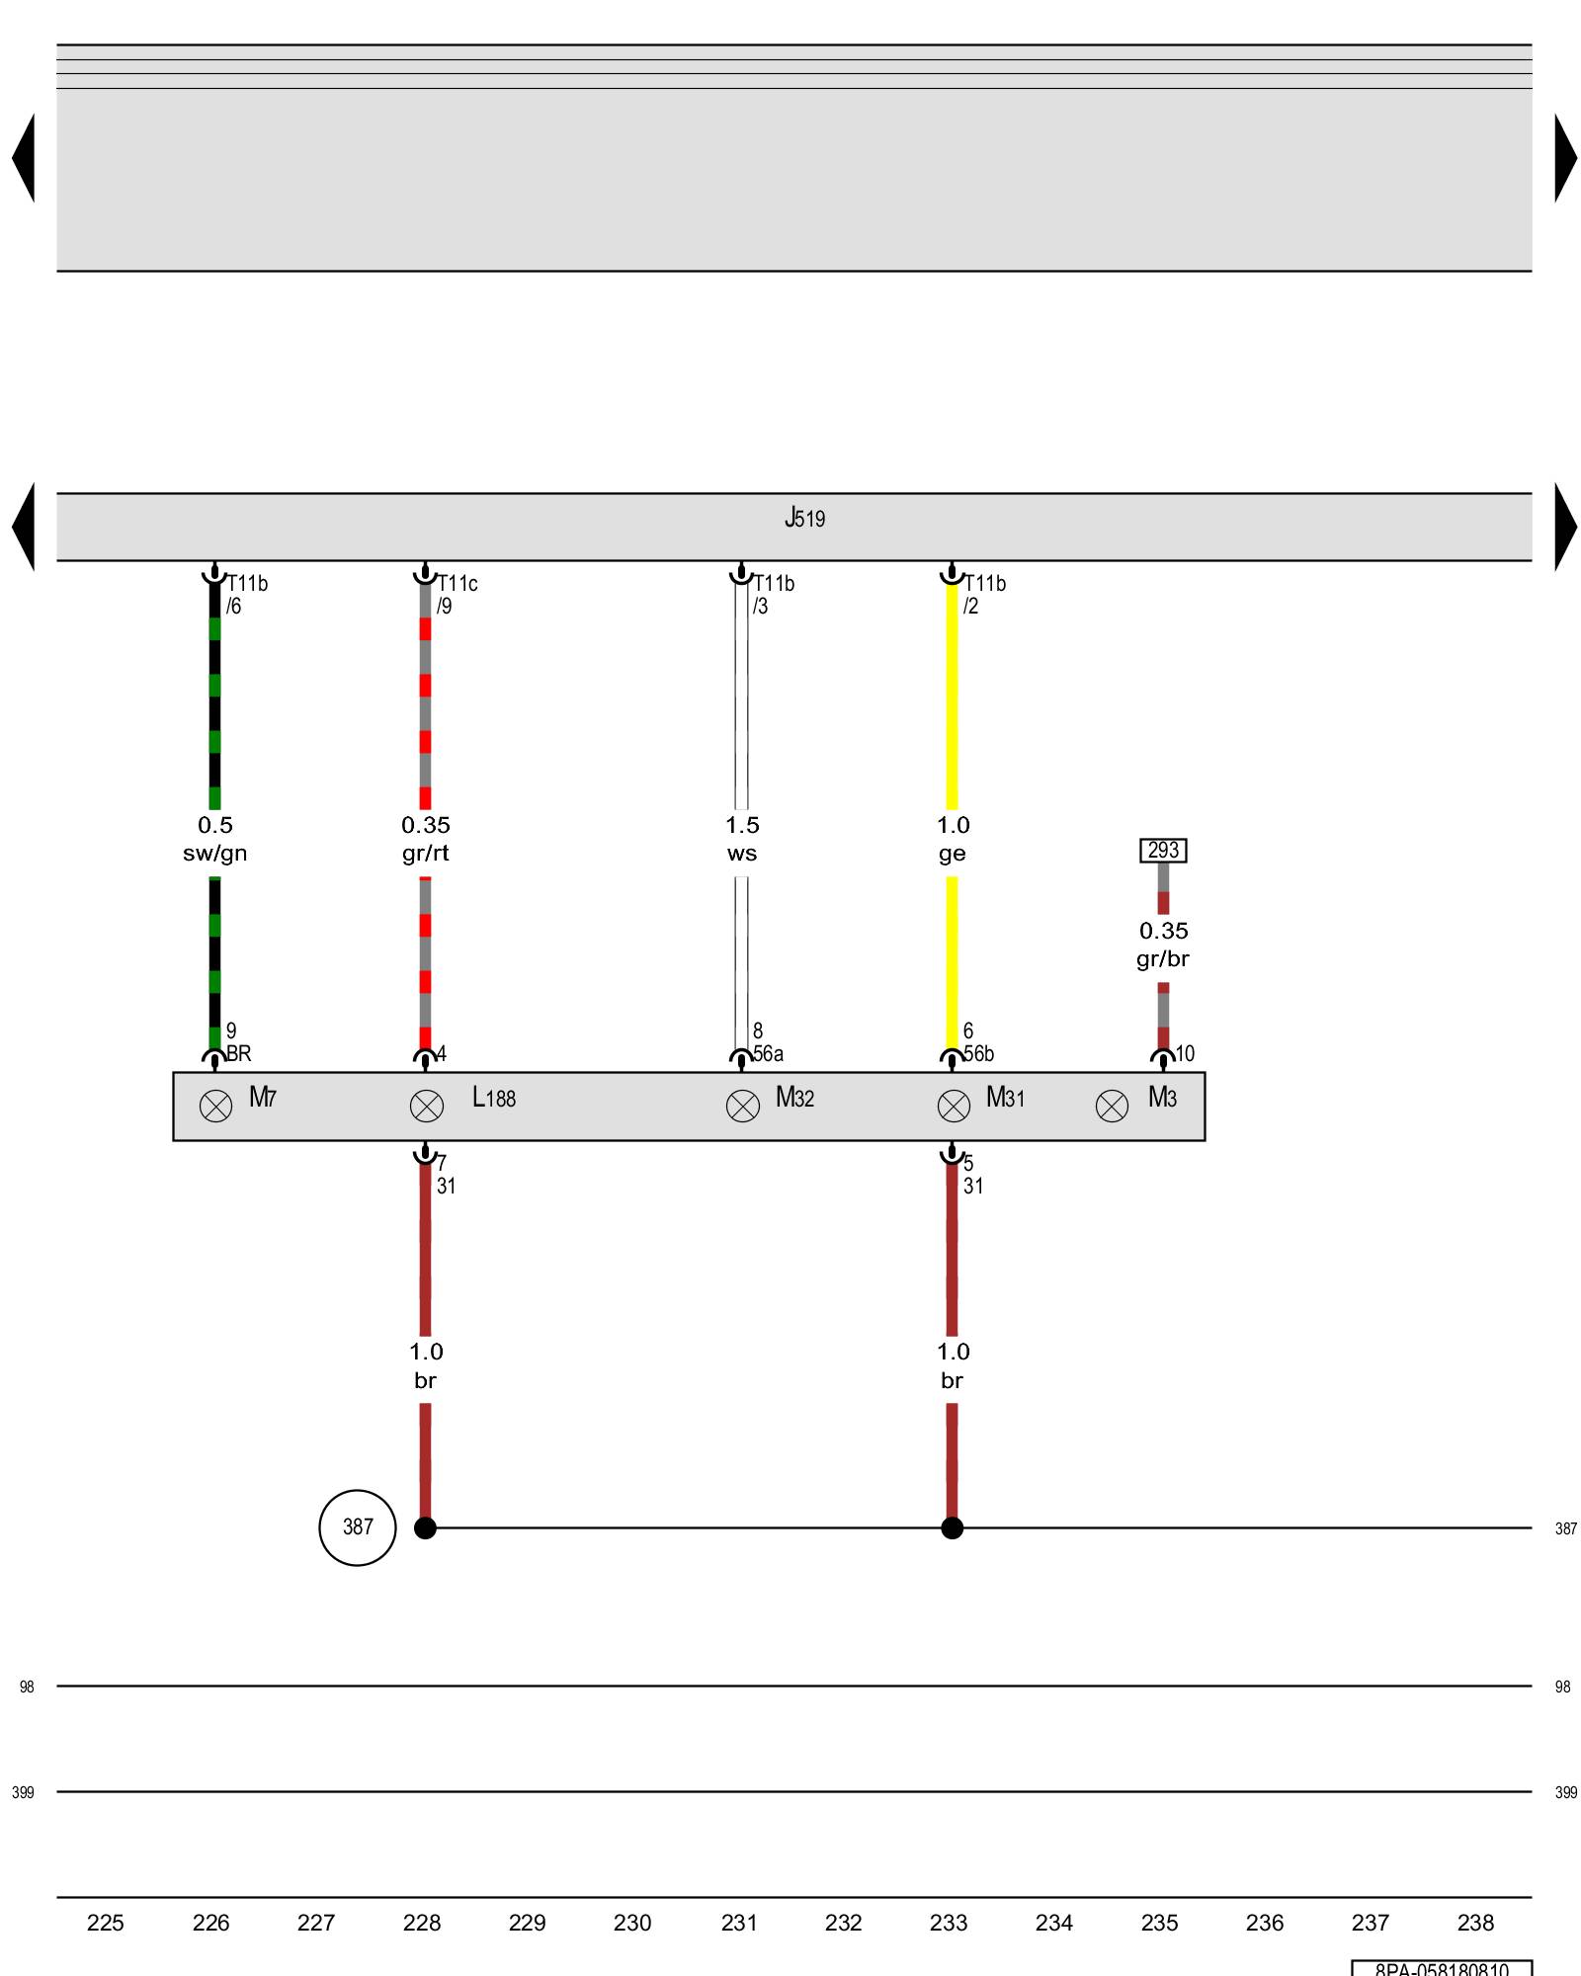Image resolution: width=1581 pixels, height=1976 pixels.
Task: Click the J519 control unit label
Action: pyautogui.click(x=804, y=518)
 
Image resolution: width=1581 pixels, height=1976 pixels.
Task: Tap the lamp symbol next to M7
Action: pyautogui.click(x=215, y=1106)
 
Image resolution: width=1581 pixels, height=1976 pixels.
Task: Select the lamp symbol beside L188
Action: pyautogui.click(x=427, y=1106)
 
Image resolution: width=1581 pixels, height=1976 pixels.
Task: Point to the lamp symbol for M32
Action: pyautogui.click(x=743, y=1106)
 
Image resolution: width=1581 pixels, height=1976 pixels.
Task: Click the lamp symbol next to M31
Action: pyautogui.click(x=954, y=1106)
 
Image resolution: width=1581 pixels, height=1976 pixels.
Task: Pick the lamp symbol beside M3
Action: pyautogui.click(x=1112, y=1106)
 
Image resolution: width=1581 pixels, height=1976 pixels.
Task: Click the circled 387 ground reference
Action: pyautogui.click(x=358, y=1527)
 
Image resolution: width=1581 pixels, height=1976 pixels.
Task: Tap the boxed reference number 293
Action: pyautogui.click(x=1163, y=850)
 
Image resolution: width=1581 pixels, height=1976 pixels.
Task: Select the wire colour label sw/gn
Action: pyautogui.click(x=214, y=854)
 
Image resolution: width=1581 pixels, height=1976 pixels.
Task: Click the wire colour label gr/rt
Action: pyautogui.click(x=426, y=854)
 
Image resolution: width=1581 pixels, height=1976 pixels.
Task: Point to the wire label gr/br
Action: pyautogui.click(x=1163, y=959)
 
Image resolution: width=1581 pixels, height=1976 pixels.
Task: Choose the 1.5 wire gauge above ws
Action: pyautogui.click(x=742, y=825)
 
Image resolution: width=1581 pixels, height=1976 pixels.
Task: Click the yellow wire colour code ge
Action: pyautogui.click(x=953, y=854)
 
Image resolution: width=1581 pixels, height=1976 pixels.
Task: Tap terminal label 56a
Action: pyautogui.click(x=769, y=1054)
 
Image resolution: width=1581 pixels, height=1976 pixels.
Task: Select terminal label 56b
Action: pyautogui.click(x=979, y=1054)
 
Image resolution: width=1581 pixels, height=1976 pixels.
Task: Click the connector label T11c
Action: pyautogui.click(x=458, y=584)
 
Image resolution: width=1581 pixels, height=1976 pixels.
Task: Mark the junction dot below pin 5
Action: pyautogui.click(x=953, y=1528)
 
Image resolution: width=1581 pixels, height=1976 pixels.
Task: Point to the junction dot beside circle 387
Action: pyautogui.click(x=425, y=1528)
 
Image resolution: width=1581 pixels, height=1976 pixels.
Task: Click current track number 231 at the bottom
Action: pyautogui.click(x=738, y=1923)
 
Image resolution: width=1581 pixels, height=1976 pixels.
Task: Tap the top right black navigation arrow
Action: pyautogui.click(x=1565, y=158)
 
